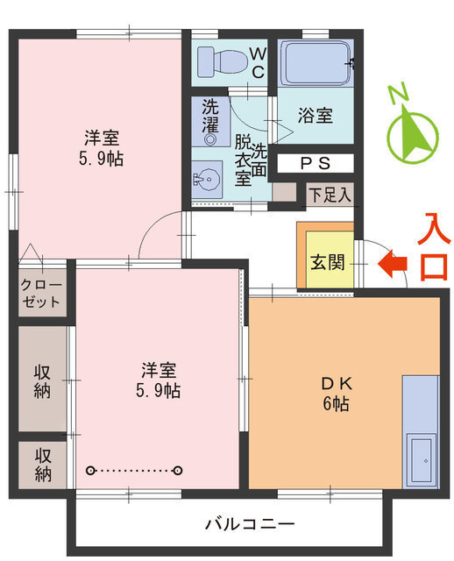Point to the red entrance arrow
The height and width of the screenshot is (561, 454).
pos(391,262)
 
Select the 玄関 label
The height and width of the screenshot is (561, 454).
pos(326,262)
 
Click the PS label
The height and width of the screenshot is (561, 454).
pos(316,163)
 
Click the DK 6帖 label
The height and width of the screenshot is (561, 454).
pos(335,394)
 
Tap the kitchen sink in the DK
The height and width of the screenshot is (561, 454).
pos(422,458)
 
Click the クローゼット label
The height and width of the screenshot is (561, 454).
pos(42,294)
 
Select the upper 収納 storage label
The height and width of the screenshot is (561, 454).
pos(42,380)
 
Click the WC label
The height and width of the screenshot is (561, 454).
pos(258,63)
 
